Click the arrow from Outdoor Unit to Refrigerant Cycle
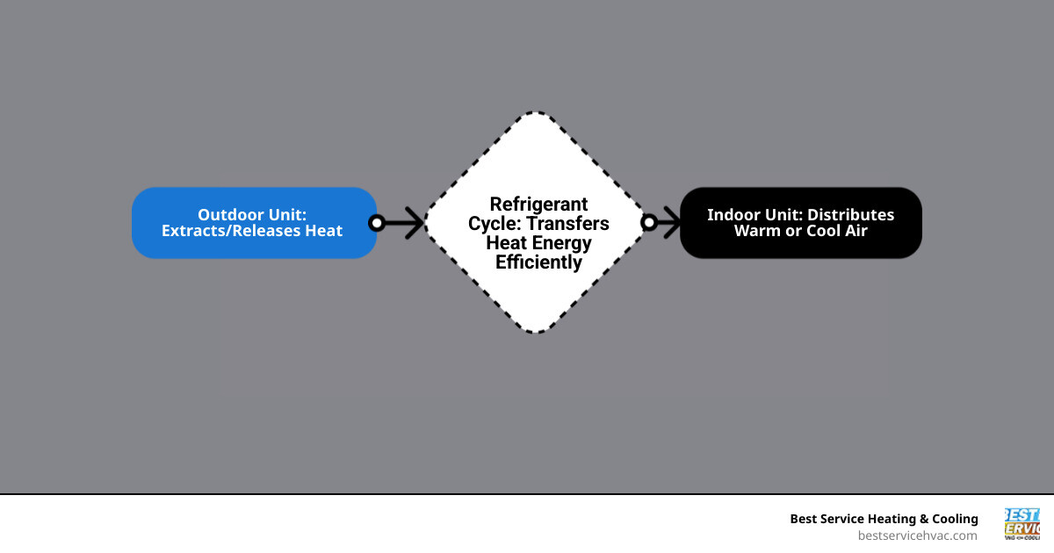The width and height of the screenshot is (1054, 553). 404,223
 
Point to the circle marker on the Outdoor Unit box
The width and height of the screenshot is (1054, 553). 377,223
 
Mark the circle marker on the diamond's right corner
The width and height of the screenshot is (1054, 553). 649,223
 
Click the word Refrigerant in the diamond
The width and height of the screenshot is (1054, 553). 538,205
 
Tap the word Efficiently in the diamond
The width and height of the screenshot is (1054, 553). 538,262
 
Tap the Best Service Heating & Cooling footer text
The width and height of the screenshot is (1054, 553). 884,519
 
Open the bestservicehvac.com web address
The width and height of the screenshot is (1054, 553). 917,535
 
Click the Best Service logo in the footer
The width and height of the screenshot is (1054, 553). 1022,524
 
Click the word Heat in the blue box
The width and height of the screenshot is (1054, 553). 324,231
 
